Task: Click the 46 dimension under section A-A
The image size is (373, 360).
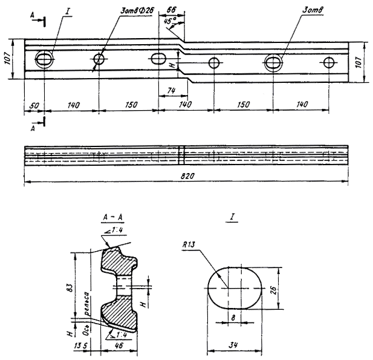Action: [120, 345]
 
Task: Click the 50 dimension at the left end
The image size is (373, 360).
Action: [34, 105]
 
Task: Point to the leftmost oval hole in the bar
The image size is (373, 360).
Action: [45, 59]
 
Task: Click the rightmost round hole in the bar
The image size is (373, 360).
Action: [328, 62]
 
